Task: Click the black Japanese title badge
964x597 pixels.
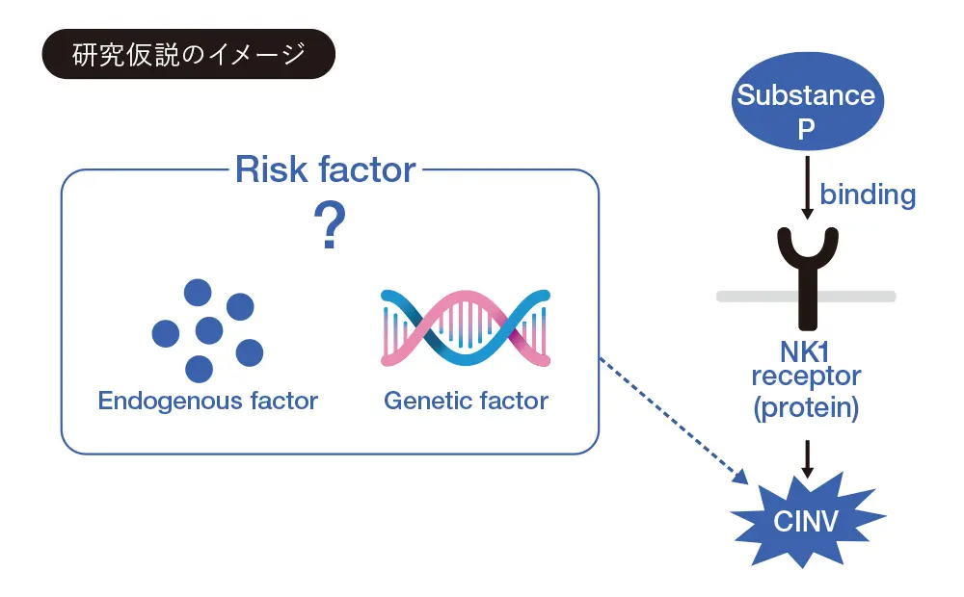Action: click(x=189, y=54)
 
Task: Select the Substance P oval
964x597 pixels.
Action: click(x=806, y=110)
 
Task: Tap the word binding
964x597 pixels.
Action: click(x=867, y=195)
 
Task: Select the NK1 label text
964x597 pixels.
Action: click(x=806, y=352)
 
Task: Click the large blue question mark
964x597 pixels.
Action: click(x=330, y=227)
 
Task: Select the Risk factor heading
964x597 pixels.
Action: click(x=326, y=170)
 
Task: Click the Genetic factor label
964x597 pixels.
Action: click(x=467, y=400)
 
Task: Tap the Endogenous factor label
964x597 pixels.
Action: click(x=208, y=400)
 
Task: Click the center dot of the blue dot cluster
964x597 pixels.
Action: click(x=209, y=331)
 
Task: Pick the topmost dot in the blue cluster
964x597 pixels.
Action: click(x=198, y=293)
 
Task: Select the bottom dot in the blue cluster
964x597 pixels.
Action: click(x=199, y=368)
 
